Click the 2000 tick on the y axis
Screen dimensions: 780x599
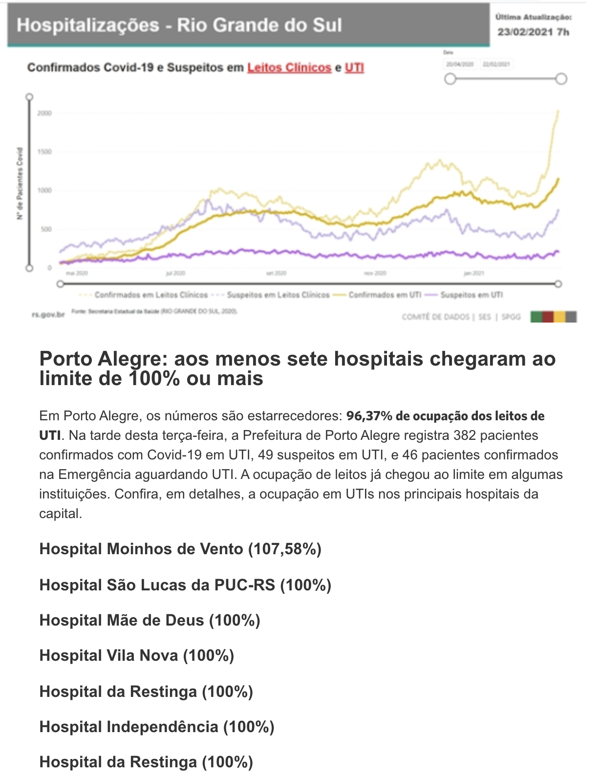pyautogui.click(x=44, y=113)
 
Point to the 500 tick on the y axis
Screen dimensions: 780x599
pyautogui.click(x=45, y=229)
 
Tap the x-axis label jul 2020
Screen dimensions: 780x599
pyautogui.click(x=175, y=273)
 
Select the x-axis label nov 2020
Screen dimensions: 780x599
pyautogui.click(x=375, y=273)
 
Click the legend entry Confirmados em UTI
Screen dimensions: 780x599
pyautogui.click(x=385, y=295)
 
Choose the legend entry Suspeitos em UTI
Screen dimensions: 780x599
pyautogui.click(x=471, y=295)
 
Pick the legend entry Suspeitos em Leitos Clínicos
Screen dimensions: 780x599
pyautogui.click(x=278, y=295)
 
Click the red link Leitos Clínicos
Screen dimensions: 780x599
pyautogui.click(x=289, y=67)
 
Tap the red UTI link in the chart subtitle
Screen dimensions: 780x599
pyautogui.click(x=354, y=67)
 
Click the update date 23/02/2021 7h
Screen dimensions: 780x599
pyautogui.click(x=533, y=32)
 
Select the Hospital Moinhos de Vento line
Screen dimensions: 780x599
pyautogui.click(x=180, y=549)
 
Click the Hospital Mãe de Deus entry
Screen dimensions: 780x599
pyautogui.click(x=150, y=620)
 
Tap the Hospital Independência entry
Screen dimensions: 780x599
pyautogui.click(x=157, y=727)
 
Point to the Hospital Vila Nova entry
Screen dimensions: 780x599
pyautogui.click(x=137, y=655)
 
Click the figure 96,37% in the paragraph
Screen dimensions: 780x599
pyautogui.click(x=369, y=416)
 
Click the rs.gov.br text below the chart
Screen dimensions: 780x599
pyautogui.click(x=48, y=315)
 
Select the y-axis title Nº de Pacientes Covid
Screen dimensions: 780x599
pyautogui.click(x=20, y=183)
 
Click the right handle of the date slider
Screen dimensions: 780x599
pyautogui.click(x=561, y=79)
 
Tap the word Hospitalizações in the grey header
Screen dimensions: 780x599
pyautogui.click(x=88, y=25)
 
